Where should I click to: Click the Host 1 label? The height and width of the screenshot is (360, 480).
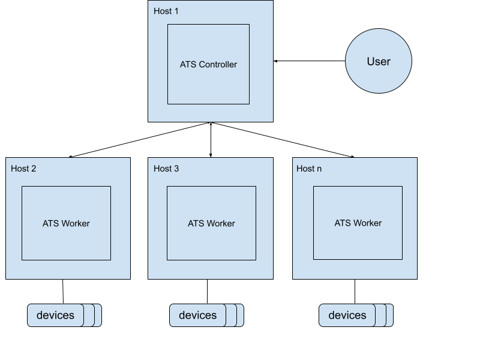pyautogui.click(x=166, y=11)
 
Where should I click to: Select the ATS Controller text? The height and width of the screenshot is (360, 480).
pyautogui.click(x=208, y=64)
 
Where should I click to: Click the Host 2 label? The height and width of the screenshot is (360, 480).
pyautogui.click(x=23, y=169)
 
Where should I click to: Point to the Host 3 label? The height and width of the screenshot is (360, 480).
pyautogui.click(x=166, y=169)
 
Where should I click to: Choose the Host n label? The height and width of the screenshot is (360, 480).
pyautogui.click(x=309, y=169)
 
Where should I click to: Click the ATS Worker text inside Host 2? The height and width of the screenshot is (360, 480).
pyautogui.click(x=66, y=223)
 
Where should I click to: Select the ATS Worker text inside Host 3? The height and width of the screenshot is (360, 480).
pyautogui.click(x=211, y=223)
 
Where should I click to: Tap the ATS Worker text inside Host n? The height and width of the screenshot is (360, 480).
pyautogui.click(x=358, y=223)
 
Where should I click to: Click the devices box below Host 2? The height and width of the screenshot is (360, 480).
pyautogui.click(x=55, y=315)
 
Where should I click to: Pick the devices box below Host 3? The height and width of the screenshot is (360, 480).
pyautogui.click(x=197, y=315)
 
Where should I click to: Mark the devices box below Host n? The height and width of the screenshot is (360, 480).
pyautogui.click(x=347, y=315)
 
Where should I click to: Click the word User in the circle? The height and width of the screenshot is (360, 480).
pyautogui.click(x=379, y=61)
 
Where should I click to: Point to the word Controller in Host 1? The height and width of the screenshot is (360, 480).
pyautogui.click(x=218, y=64)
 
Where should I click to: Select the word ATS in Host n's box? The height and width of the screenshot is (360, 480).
pyautogui.click(x=343, y=223)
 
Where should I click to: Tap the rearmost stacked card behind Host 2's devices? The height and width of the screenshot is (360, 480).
pyautogui.click(x=98, y=315)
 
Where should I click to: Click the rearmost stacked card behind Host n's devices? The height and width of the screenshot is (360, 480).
pyautogui.click(x=390, y=315)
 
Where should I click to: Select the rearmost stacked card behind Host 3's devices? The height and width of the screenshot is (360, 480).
pyautogui.click(x=241, y=315)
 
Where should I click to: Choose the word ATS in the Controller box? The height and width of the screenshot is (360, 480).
pyautogui.click(x=188, y=64)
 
